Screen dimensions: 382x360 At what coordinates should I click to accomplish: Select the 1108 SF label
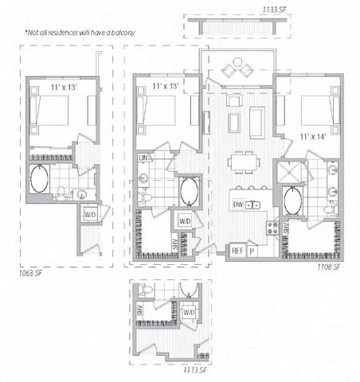(x=329, y=267)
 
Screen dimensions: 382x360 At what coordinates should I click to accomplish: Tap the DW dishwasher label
(x=237, y=205)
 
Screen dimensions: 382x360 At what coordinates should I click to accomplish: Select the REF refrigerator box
(x=237, y=251)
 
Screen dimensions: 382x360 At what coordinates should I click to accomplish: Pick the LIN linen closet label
(x=144, y=159)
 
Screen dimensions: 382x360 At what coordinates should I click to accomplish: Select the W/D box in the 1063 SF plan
(x=90, y=213)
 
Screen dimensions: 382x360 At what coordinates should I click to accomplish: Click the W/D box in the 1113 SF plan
(x=190, y=314)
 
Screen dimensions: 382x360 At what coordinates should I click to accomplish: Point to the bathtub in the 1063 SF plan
(x=39, y=180)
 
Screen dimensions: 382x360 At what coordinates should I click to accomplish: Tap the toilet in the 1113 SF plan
(x=149, y=290)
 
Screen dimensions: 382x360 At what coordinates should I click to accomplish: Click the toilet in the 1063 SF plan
(x=61, y=192)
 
